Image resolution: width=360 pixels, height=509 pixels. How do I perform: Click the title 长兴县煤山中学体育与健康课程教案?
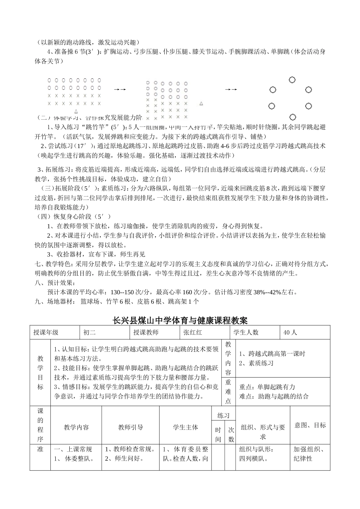(180, 320)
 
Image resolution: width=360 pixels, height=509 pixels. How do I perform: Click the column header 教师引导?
(130, 427)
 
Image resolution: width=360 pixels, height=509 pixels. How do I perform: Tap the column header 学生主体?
(185, 427)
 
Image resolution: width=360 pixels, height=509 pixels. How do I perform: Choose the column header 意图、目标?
(310, 425)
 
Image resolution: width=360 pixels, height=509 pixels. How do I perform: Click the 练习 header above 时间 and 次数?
(224, 415)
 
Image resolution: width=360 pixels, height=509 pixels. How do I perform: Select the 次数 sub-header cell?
(231, 435)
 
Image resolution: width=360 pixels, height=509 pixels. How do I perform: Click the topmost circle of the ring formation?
(292, 80)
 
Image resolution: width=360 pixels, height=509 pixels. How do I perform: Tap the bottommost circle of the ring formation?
(293, 117)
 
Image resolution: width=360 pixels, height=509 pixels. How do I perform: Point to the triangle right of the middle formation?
(201, 103)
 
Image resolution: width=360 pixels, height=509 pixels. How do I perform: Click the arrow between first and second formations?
(120, 89)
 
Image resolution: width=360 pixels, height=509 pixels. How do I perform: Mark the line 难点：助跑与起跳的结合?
(274, 397)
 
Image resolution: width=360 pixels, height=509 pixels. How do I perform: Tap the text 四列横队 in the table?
(253, 459)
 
